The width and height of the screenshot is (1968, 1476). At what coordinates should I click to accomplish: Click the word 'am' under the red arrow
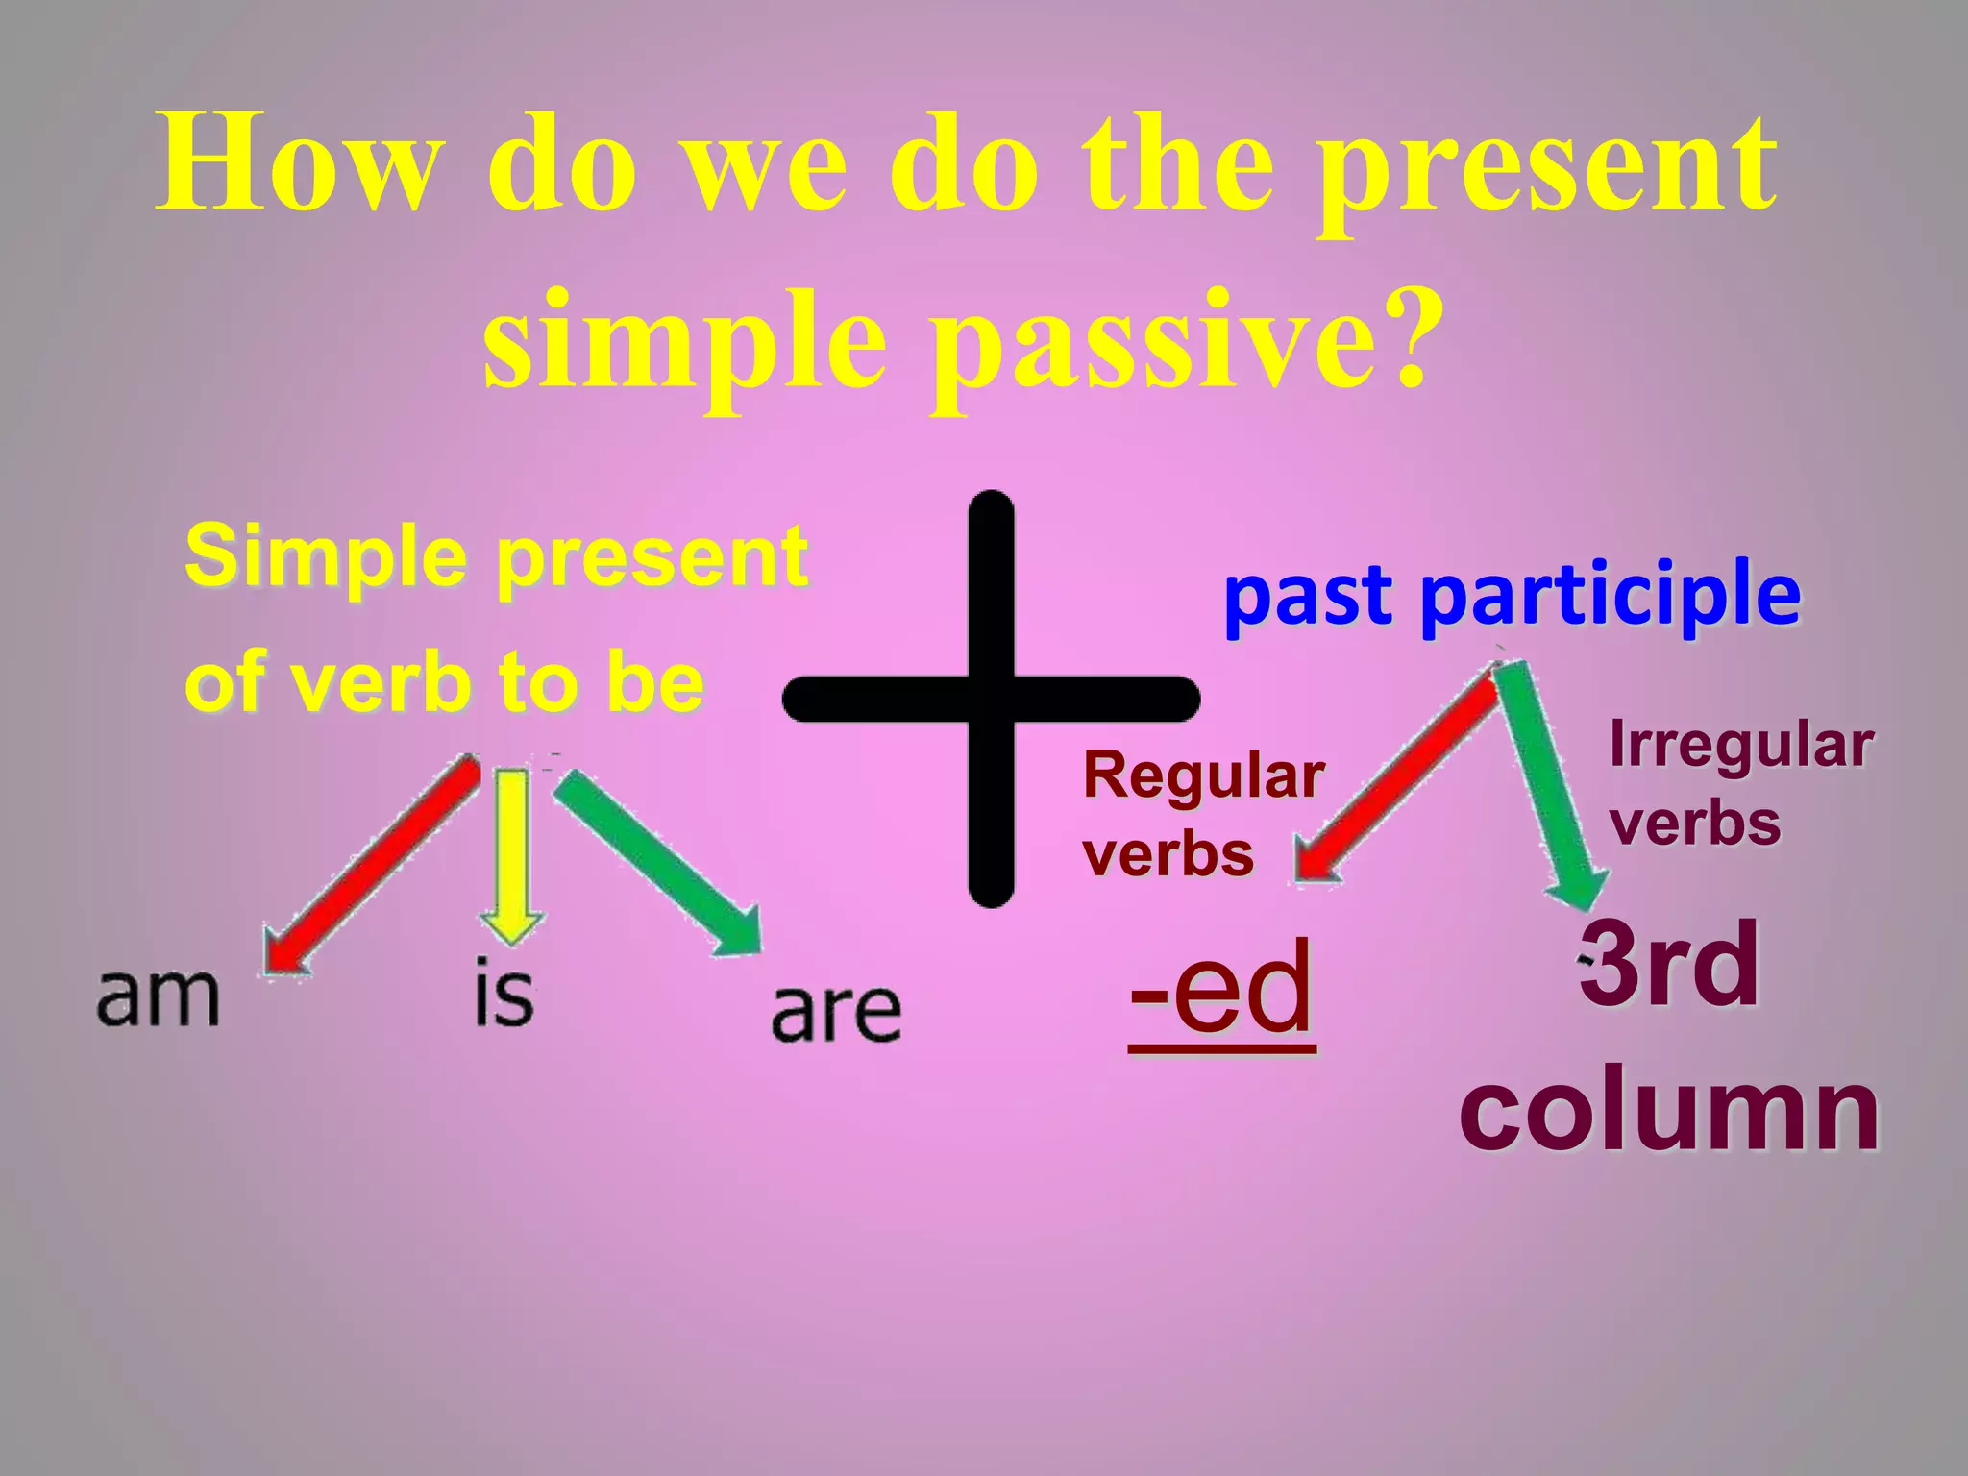tap(159, 997)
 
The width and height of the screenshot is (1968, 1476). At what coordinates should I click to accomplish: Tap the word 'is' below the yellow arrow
tap(504, 992)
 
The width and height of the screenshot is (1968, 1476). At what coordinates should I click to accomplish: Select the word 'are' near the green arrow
tap(836, 1012)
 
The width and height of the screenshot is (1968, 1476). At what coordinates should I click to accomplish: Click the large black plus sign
tap(992, 699)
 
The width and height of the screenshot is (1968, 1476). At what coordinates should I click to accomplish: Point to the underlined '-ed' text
tap(1221, 990)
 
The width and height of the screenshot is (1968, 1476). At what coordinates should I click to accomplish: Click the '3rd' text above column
tap(1669, 964)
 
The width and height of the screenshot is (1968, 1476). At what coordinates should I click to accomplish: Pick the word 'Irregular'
tap(1741, 745)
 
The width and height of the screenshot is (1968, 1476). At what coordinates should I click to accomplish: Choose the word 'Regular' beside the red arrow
tap(1204, 775)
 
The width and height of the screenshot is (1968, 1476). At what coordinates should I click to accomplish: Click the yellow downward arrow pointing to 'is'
tap(512, 855)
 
